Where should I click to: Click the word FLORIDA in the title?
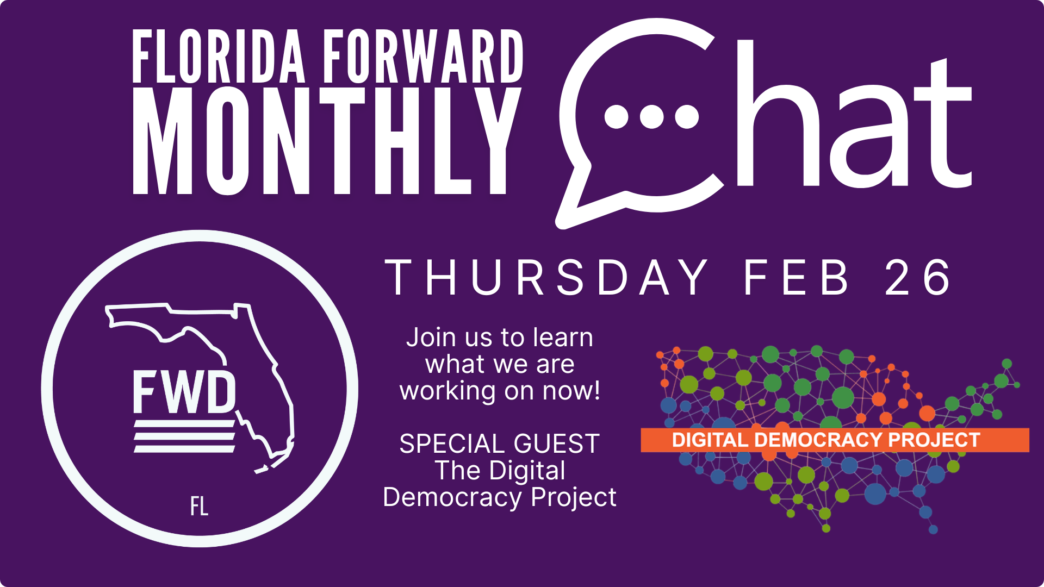219,57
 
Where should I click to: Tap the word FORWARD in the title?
423,57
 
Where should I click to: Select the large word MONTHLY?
327,141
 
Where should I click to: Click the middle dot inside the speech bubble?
651,116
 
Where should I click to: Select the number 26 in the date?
917,278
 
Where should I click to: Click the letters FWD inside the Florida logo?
184,392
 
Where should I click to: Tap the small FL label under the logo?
199,507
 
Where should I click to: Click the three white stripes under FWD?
184,436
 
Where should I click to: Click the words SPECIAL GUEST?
500,444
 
